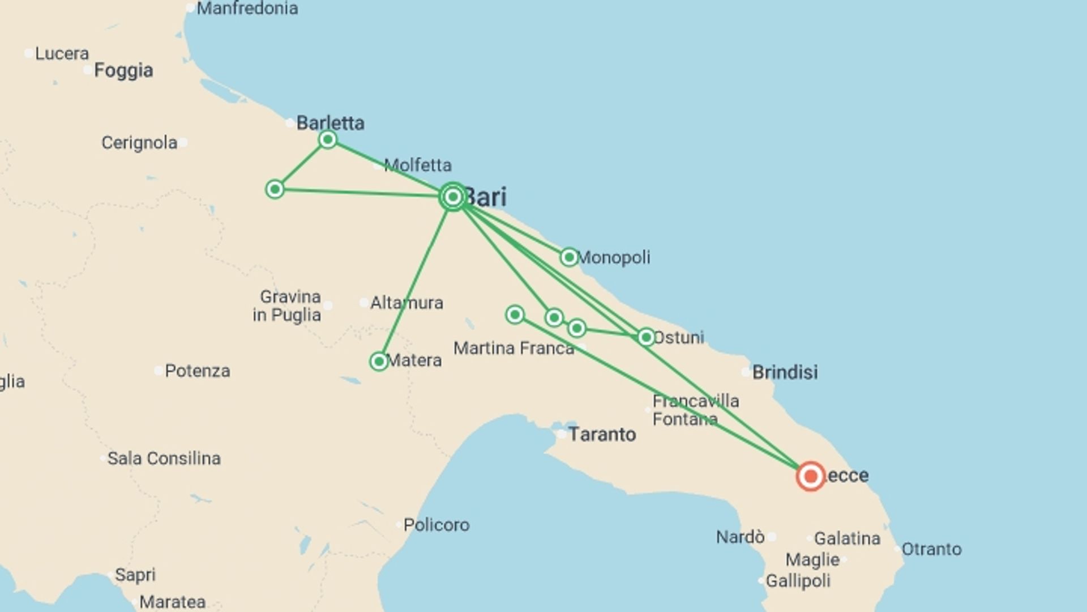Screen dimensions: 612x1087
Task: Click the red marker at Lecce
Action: click(x=810, y=476)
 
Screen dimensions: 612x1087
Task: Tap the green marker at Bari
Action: click(x=453, y=197)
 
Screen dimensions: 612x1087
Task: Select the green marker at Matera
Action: click(x=379, y=361)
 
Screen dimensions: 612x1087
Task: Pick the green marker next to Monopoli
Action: click(x=569, y=257)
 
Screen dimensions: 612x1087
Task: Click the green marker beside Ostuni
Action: click(x=646, y=337)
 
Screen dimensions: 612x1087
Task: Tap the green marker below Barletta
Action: click(x=327, y=139)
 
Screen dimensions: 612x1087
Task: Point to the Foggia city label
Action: click(x=123, y=70)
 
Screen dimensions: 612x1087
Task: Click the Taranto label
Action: click(x=602, y=434)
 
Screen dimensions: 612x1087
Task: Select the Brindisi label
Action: click(x=785, y=372)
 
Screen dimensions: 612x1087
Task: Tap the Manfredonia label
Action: click(x=247, y=8)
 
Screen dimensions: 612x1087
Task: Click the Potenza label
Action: click(x=197, y=371)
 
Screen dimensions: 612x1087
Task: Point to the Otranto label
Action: click(x=931, y=549)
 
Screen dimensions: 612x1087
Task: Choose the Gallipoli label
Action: click(x=798, y=581)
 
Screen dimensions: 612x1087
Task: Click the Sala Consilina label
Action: click(x=164, y=458)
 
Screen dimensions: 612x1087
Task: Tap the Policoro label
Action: click(x=436, y=525)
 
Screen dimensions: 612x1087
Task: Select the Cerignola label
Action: click(x=139, y=142)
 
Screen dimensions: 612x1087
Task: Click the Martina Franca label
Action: click(x=513, y=348)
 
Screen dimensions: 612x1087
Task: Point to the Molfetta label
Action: click(x=417, y=165)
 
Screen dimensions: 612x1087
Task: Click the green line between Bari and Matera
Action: click(x=416, y=278)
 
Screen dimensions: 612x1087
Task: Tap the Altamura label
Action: click(x=406, y=303)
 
